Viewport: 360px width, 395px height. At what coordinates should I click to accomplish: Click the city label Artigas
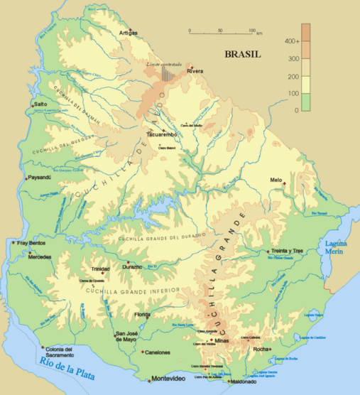click(128, 33)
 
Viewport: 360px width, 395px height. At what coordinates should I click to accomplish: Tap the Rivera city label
click(195, 72)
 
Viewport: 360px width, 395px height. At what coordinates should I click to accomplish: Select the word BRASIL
click(242, 54)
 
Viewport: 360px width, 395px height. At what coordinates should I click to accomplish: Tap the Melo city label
click(276, 180)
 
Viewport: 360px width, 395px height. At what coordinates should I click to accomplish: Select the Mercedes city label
click(38, 256)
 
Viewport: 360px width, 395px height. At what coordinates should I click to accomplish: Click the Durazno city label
click(132, 267)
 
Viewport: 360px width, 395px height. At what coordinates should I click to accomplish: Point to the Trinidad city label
click(100, 269)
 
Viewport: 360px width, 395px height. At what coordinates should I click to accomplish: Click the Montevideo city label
click(169, 377)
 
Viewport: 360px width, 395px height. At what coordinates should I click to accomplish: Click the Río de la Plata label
click(67, 367)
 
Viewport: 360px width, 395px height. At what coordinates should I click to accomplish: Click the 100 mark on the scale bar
click(252, 31)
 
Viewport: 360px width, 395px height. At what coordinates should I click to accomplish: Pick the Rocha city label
click(261, 349)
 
